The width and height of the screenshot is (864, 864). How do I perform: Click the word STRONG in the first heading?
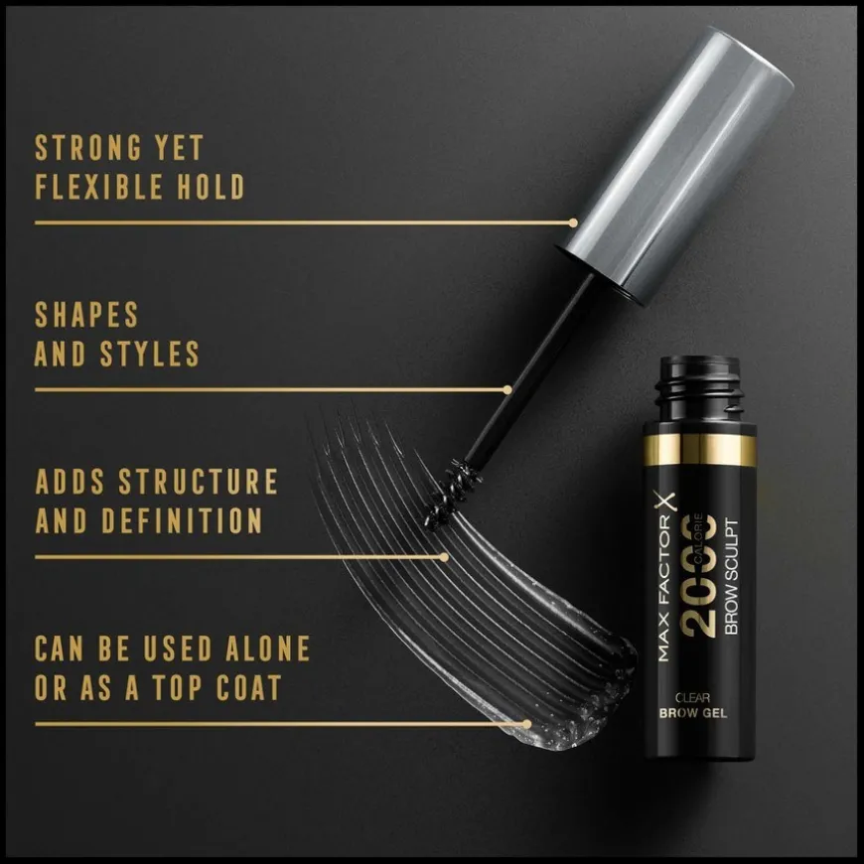88,148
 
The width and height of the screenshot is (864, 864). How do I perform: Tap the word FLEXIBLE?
99,187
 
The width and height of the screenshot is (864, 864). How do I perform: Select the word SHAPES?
86,315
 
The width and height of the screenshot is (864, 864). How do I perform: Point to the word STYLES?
149,354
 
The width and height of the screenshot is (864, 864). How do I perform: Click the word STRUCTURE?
199,482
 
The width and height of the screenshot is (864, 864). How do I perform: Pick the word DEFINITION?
182,520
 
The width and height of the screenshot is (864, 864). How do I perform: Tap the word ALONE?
268,648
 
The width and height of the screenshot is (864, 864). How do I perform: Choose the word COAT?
249,687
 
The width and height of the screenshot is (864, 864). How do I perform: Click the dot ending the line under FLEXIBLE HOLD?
573,223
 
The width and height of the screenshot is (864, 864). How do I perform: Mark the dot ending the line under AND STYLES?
507,390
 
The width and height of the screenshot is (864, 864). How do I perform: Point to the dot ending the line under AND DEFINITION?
444,558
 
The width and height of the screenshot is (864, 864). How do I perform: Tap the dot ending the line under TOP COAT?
527,724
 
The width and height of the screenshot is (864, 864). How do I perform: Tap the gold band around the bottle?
700,450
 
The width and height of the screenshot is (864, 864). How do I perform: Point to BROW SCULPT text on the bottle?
731,576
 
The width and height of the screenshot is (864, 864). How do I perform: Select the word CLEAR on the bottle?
692,697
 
